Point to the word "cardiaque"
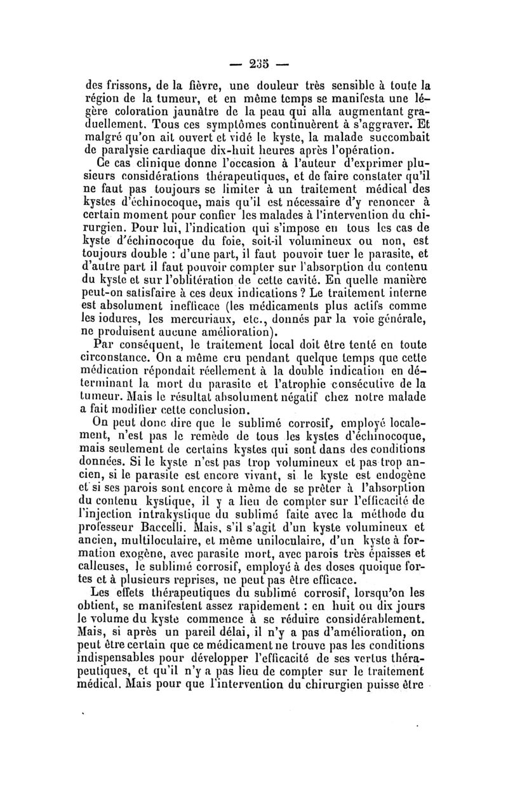(x=206, y=152)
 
